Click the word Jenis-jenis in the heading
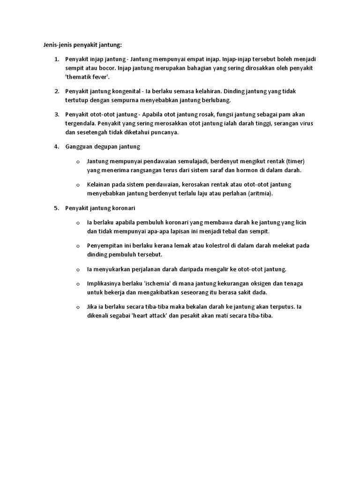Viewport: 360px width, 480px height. pyautogui.click(x=51, y=45)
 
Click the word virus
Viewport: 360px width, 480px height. pyautogui.click(x=304, y=123)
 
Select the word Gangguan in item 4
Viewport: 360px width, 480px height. pyautogui.click(x=79, y=147)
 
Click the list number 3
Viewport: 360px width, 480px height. pyautogui.click(x=57, y=114)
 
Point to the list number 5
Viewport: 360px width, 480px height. pyautogui.click(x=57, y=208)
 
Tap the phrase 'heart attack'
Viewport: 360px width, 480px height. pyautogui.click(x=146, y=316)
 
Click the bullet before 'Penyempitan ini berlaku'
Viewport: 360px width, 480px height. pyautogui.click(x=78, y=246)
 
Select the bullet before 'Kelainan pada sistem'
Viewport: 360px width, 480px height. pyautogui.click(x=78, y=185)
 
